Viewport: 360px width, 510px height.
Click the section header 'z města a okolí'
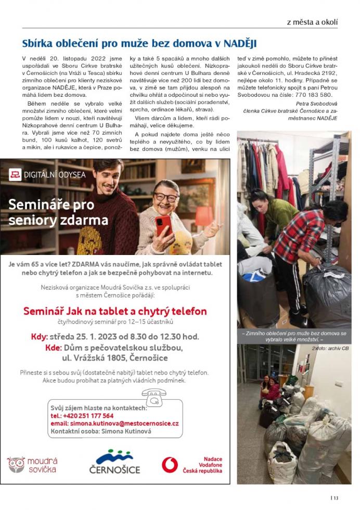(312, 22)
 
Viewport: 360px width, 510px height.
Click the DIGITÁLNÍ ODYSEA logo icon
(15, 175)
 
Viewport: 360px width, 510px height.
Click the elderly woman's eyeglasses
(166, 197)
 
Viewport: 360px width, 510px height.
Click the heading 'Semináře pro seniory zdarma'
(58, 212)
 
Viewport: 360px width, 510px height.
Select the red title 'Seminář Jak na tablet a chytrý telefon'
(115, 311)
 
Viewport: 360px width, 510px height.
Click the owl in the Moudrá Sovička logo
(16, 465)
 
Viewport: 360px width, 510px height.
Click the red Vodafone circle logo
(170, 464)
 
